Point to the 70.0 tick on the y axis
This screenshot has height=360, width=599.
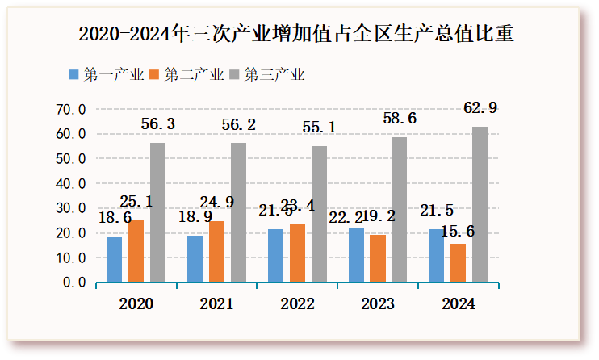(71, 109)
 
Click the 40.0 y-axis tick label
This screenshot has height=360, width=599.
(71, 183)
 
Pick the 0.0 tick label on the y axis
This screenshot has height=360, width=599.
(74, 283)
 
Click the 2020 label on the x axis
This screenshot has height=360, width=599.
(136, 304)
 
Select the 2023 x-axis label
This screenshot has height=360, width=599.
(378, 304)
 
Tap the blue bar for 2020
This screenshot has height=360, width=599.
(114, 259)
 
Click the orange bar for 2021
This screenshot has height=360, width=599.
(216, 252)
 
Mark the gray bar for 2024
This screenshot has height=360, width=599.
(480, 204)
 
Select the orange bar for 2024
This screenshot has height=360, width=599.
(458, 263)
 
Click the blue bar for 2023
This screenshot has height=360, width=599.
(355, 255)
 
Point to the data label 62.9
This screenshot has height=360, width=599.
(480, 107)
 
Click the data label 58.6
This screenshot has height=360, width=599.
(400, 119)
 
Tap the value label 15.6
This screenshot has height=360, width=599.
(458, 232)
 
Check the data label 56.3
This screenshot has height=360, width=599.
(158, 124)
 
